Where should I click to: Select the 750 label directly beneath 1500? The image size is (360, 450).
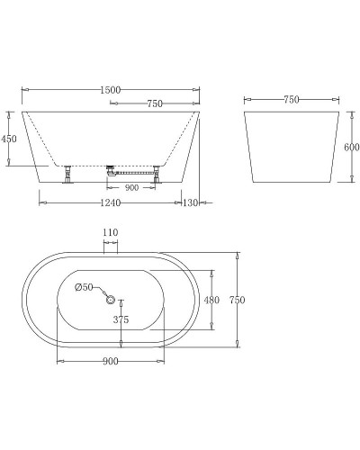pos(154,103)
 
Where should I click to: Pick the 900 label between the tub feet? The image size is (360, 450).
pos(131,188)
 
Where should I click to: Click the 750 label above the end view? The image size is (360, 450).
pos(291,100)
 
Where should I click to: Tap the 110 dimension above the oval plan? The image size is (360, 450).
pos(110,233)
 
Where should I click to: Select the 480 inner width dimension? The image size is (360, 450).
pos(213,300)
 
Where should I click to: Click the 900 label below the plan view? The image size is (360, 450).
pos(112,362)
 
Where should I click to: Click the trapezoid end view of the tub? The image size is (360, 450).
pos(292,147)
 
